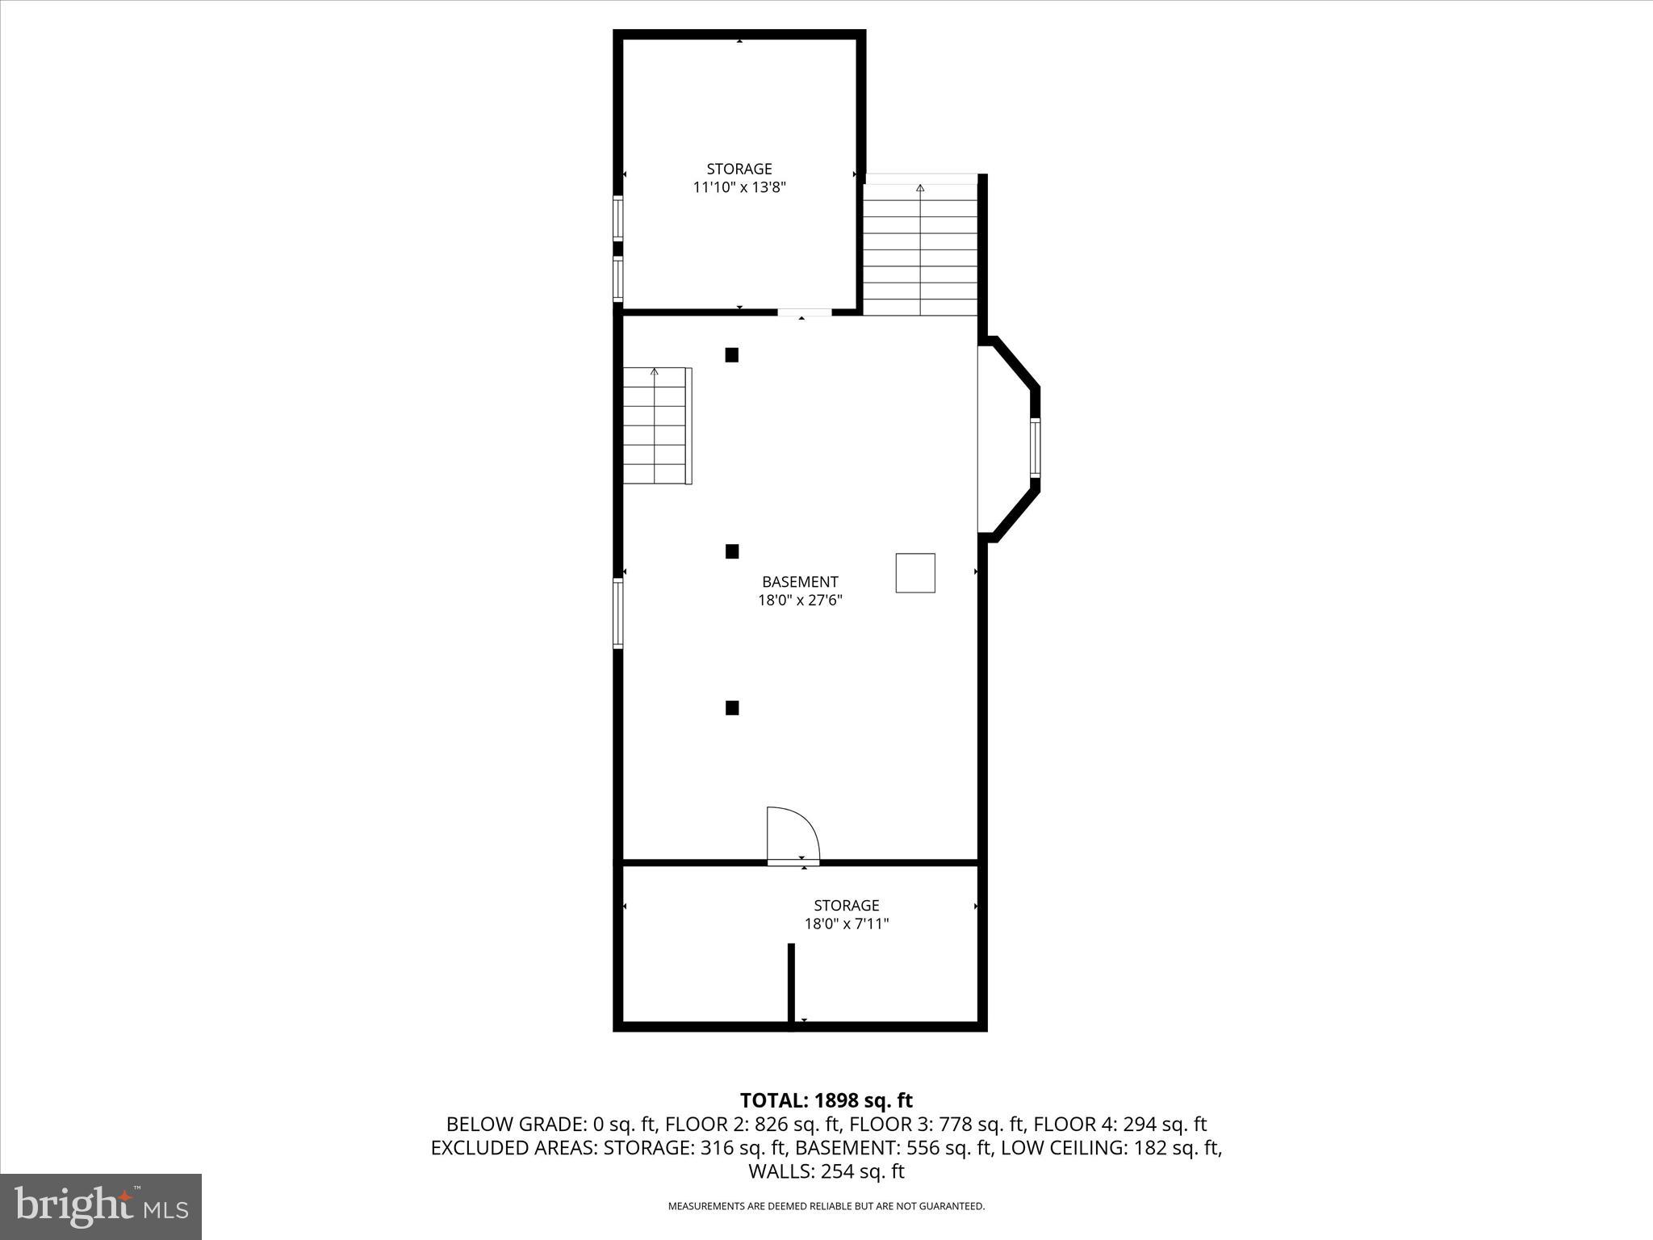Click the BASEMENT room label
(x=800, y=581)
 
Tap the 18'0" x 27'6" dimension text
(x=800, y=601)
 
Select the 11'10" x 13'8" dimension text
(x=739, y=187)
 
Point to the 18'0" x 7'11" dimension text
(x=847, y=924)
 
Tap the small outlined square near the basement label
(x=915, y=573)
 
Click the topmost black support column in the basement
(x=732, y=354)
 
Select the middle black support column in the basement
(x=732, y=551)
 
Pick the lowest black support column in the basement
(x=732, y=708)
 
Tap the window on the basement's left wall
(x=618, y=614)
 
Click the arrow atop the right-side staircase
(x=920, y=188)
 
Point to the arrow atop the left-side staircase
(x=655, y=372)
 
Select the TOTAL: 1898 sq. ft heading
(x=826, y=1100)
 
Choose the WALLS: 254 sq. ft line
(x=826, y=1171)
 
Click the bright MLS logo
(x=101, y=1206)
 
